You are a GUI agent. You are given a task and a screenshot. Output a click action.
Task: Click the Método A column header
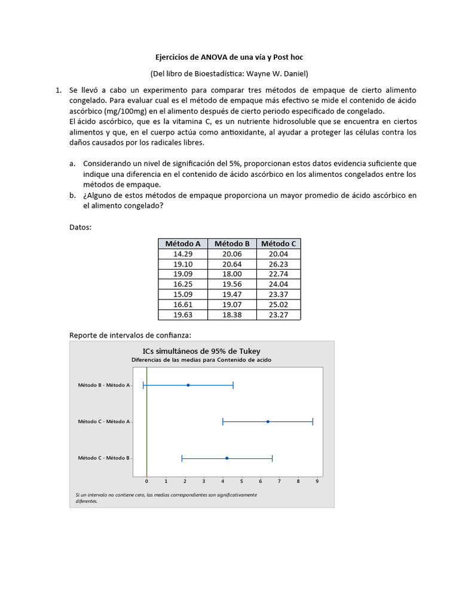tap(182, 243)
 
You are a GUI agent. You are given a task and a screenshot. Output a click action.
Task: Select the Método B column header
tap(232, 243)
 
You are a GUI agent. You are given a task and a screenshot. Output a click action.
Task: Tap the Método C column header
tap(278, 243)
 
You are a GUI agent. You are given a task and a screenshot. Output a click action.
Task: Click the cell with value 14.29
tap(182, 253)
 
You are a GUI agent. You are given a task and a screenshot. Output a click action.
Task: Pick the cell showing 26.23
tap(278, 264)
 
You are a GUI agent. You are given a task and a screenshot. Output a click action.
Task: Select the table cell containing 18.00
tap(232, 274)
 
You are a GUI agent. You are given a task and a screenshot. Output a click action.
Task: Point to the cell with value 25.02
tap(278, 304)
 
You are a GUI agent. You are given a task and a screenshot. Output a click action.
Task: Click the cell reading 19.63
tap(182, 314)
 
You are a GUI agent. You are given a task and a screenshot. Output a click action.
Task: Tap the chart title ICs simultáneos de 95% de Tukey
tap(201, 351)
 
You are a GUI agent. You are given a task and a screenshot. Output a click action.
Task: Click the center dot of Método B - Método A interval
tap(188, 385)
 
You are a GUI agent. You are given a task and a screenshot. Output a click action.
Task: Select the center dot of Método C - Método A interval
tap(268, 421)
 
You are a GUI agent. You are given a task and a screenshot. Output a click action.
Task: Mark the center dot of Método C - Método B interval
tap(227, 458)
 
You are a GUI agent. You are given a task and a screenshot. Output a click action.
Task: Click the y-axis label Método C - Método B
tap(103, 458)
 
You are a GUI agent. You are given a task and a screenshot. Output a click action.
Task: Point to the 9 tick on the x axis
tap(317, 481)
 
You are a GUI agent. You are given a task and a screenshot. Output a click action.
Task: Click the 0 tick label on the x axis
tap(146, 481)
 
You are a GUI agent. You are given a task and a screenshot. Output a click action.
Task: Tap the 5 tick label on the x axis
tap(241, 481)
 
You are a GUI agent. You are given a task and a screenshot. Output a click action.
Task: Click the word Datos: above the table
tap(81, 227)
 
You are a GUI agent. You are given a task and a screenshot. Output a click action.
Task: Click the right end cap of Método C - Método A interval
tap(313, 421)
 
